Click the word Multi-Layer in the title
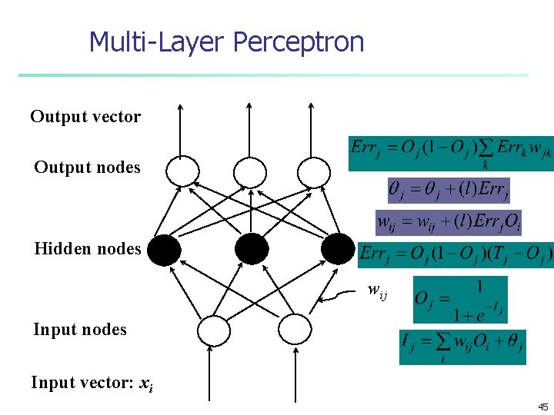click(x=158, y=41)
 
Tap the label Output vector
click(x=85, y=117)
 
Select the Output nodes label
click(x=87, y=168)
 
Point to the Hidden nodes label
click(x=87, y=248)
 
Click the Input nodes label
click(x=79, y=330)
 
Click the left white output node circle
click(x=182, y=171)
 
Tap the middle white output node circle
click(x=249, y=171)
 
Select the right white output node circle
click(x=313, y=171)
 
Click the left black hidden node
click(x=164, y=249)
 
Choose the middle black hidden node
click(x=252, y=249)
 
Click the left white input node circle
click(x=214, y=331)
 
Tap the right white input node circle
click(x=292, y=331)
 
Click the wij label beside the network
click(x=377, y=290)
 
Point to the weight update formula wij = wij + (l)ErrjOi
click(x=449, y=223)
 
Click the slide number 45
click(x=542, y=407)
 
